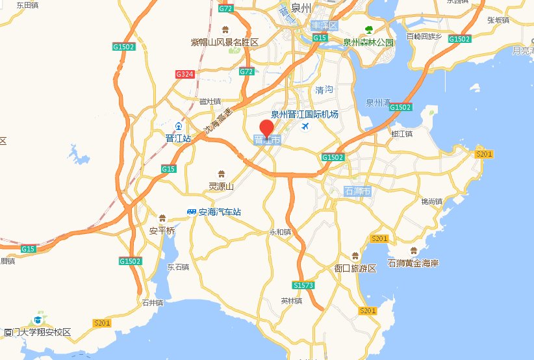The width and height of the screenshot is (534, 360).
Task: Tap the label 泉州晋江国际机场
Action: click(x=305, y=114)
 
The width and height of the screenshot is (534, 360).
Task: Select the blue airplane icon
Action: click(x=305, y=126)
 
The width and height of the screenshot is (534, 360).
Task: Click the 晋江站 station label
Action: click(x=178, y=138)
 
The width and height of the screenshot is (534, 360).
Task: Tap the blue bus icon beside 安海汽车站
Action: click(x=192, y=212)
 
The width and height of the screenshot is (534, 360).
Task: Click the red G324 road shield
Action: click(x=185, y=74)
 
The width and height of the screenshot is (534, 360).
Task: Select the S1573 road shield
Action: click(x=304, y=285)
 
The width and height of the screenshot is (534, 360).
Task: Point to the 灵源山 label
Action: click(x=220, y=186)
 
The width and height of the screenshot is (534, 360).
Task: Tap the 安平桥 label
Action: click(x=162, y=231)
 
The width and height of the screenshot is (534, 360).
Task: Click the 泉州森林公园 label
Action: click(x=368, y=42)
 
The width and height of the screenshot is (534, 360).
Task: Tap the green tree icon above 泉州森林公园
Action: click(x=369, y=30)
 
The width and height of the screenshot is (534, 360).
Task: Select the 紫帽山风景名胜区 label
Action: click(x=225, y=42)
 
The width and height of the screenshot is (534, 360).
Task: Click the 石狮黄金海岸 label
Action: click(x=413, y=263)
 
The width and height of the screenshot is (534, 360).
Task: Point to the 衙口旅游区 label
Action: click(x=355, y=268)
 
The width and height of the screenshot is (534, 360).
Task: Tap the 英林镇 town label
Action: click(x=291, y=301)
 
